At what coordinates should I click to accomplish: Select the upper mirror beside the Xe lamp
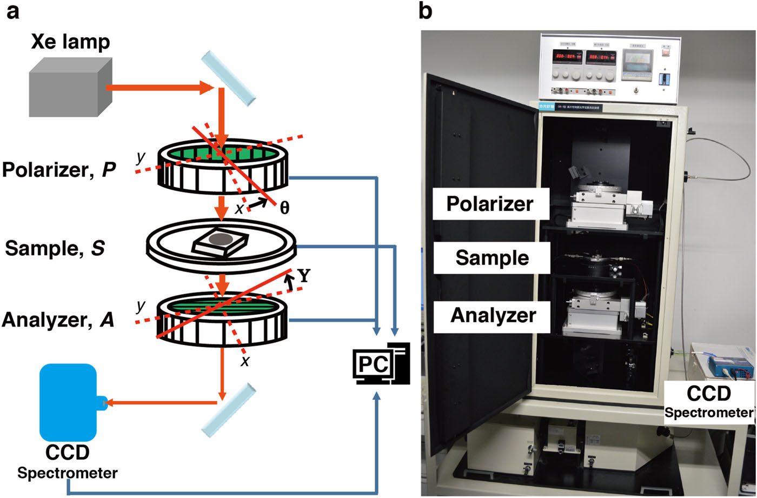(x=228, y=78)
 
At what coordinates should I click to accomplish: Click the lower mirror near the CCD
(x=228, y=410)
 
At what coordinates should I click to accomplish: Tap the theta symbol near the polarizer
(x=284, y=208)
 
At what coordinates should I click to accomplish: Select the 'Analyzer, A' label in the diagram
(x=58, y=320)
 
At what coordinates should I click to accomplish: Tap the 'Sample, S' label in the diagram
(x=55, y=249)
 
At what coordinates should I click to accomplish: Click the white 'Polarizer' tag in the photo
(x=490, y=204)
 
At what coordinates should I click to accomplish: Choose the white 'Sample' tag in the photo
(x=492, y=257)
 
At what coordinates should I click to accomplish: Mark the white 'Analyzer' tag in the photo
(x=493, y=315)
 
